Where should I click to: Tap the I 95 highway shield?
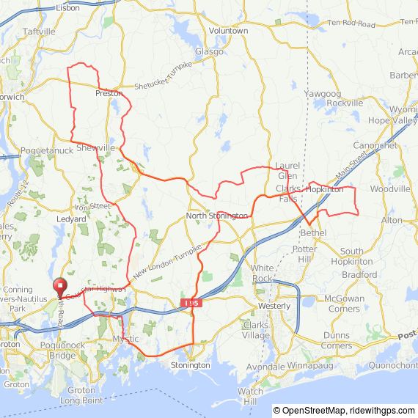[x=192, y=302]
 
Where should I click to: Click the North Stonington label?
[x=217, y=216]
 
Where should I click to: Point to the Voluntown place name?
[x=228, y=31]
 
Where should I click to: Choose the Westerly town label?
[x=274, y=305]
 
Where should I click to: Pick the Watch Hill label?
[x=250, y=396]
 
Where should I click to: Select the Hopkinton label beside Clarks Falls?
[x=324, y=189]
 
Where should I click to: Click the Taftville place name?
[x=39, y=32]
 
